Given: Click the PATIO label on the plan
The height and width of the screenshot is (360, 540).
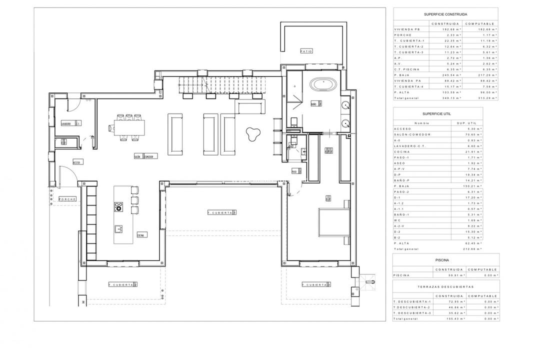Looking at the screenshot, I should (306, 51).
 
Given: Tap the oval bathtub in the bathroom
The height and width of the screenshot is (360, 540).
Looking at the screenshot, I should (324, 84).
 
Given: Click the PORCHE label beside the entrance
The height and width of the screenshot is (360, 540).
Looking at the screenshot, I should (67, 199).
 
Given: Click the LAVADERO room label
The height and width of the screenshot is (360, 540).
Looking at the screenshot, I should (68, 123).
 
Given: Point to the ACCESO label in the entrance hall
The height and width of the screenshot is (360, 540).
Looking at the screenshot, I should (77, 162).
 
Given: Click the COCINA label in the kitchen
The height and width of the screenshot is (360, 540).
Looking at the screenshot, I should (141, 234).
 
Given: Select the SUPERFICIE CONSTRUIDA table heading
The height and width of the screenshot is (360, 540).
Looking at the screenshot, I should (445, 15).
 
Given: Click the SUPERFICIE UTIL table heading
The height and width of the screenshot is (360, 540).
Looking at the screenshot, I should (445, 114).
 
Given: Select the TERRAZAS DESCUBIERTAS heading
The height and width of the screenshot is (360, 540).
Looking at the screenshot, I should (445, 287).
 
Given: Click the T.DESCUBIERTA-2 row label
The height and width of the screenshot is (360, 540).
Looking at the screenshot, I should (412, 307).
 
